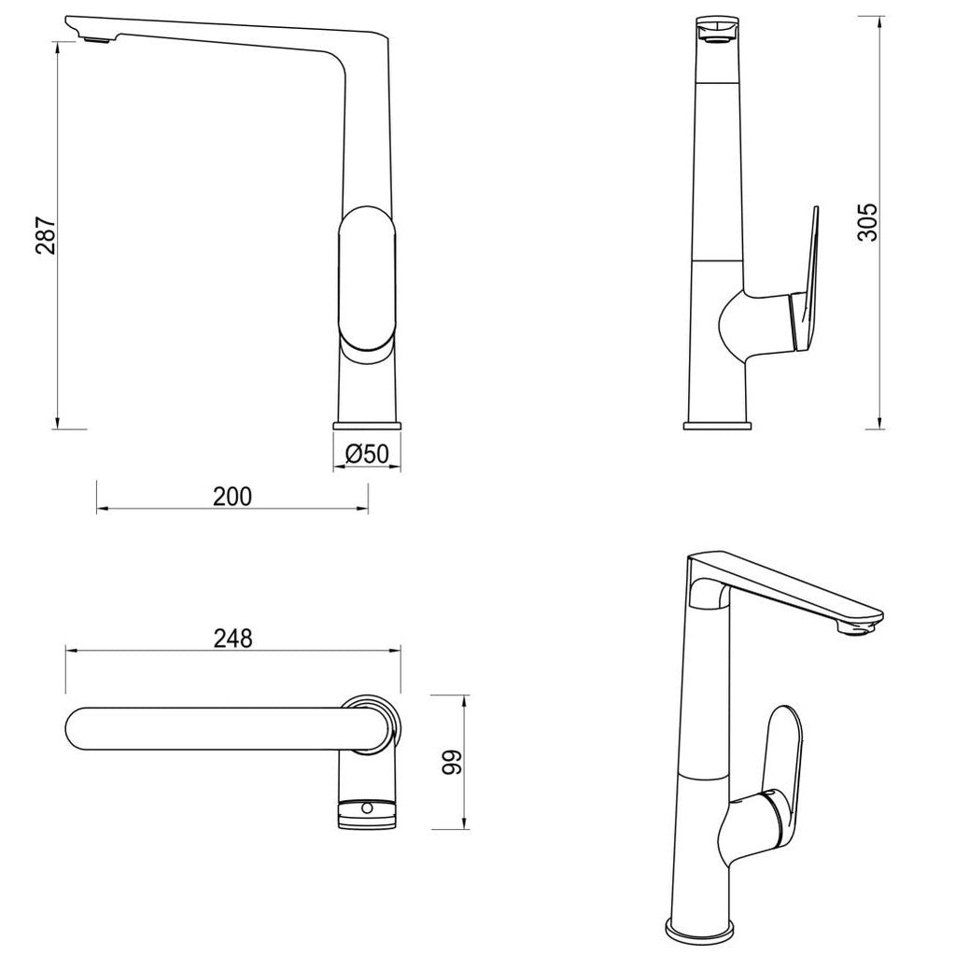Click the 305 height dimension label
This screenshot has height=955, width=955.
coord(867,222)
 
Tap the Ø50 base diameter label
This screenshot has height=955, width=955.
coord(366,454)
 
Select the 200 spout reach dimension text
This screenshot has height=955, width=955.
coord(232,496)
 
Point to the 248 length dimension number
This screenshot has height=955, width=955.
coord(232,638)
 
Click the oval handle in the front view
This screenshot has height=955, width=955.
coord(367,285)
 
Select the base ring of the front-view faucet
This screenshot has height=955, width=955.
coord(367,426)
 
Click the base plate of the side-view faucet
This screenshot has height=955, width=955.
coord(716,426)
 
